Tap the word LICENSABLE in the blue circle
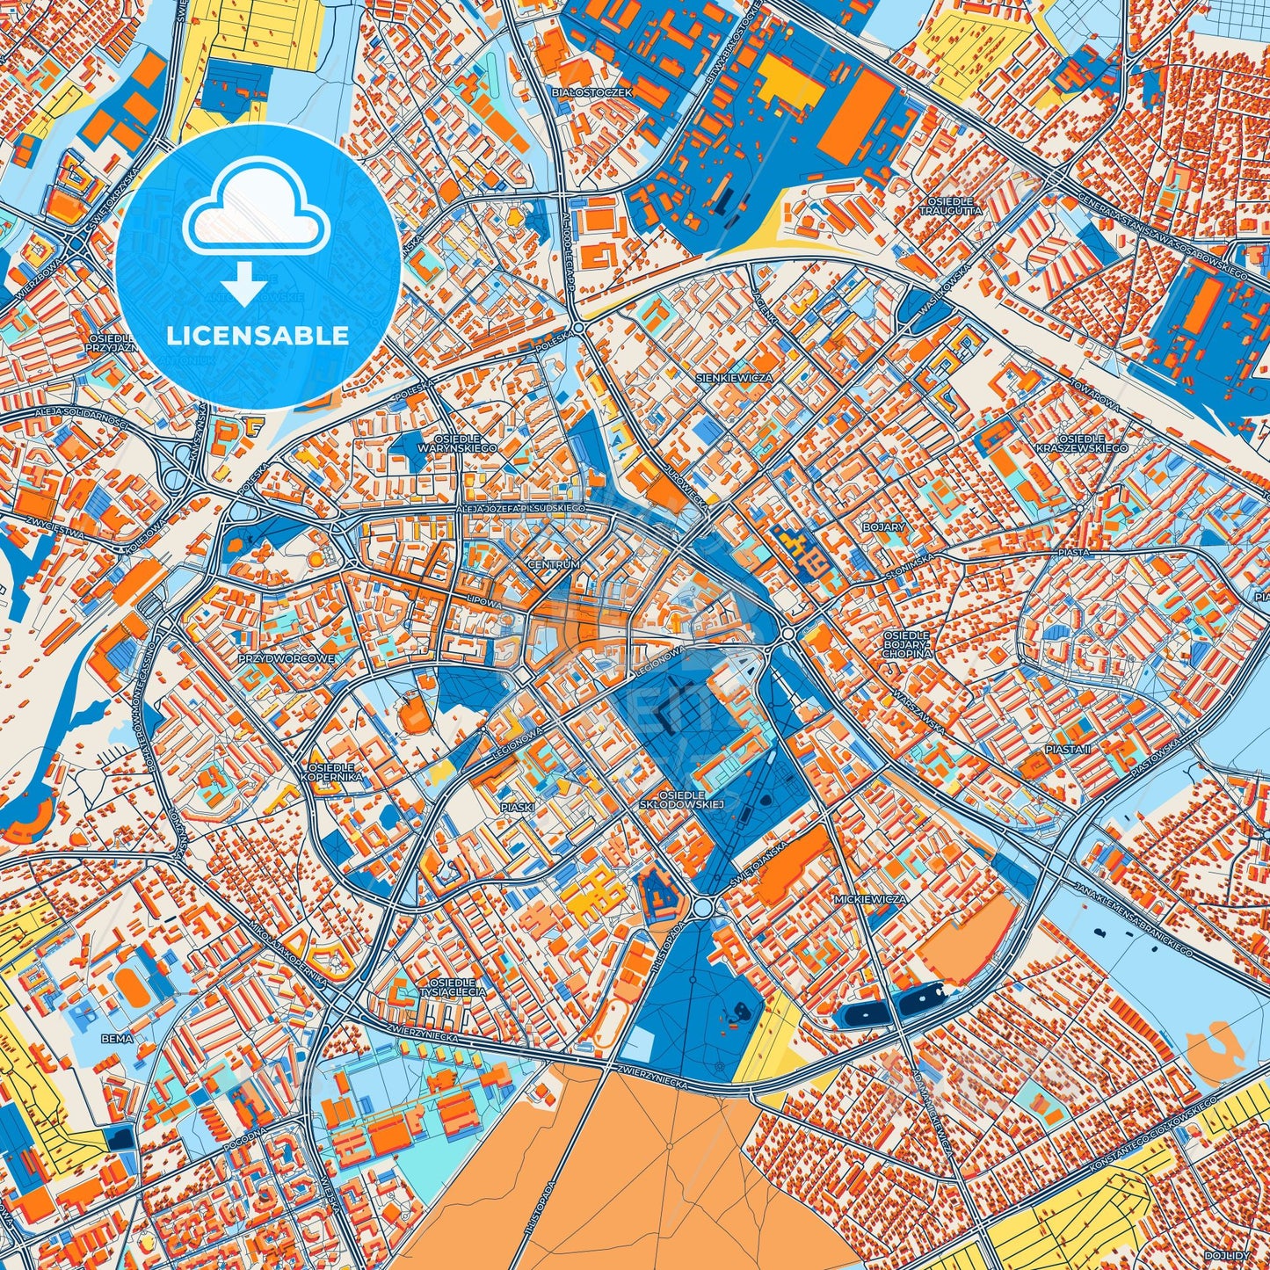click(258, 336)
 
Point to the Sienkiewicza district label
click(734, 377)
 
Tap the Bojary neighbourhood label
click(883, 527)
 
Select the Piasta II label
click(1068, 749)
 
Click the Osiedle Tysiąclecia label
click(453, 986)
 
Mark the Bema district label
click(117, 1038)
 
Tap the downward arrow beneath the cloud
click(245, 287)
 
